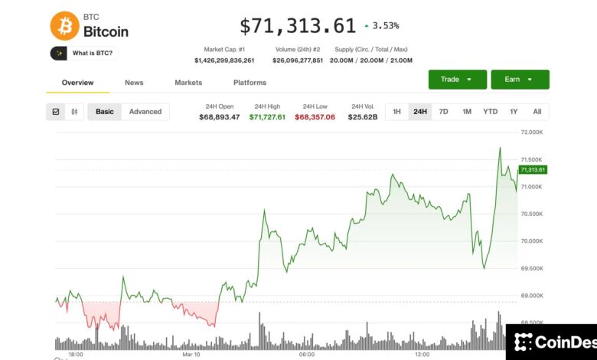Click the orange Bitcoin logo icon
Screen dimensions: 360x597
64,25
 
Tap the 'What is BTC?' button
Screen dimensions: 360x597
84,53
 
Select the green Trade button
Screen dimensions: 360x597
458,80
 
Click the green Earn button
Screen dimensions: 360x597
520,80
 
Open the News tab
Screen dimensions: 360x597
134,83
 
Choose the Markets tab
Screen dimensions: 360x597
188,83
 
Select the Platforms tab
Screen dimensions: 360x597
250,83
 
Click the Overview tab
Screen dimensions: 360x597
77,83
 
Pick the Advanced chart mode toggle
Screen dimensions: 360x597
145,112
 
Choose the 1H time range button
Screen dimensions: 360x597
396,112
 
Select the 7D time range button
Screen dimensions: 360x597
443,112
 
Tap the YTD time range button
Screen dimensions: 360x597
490,112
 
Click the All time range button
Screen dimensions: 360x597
537,112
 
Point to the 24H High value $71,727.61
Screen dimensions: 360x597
267,117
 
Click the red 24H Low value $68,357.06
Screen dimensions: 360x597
315,117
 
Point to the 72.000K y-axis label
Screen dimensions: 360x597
531,133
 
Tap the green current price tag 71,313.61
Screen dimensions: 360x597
532,169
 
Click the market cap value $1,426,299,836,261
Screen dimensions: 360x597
224,61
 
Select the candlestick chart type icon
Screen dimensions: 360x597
74,112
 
